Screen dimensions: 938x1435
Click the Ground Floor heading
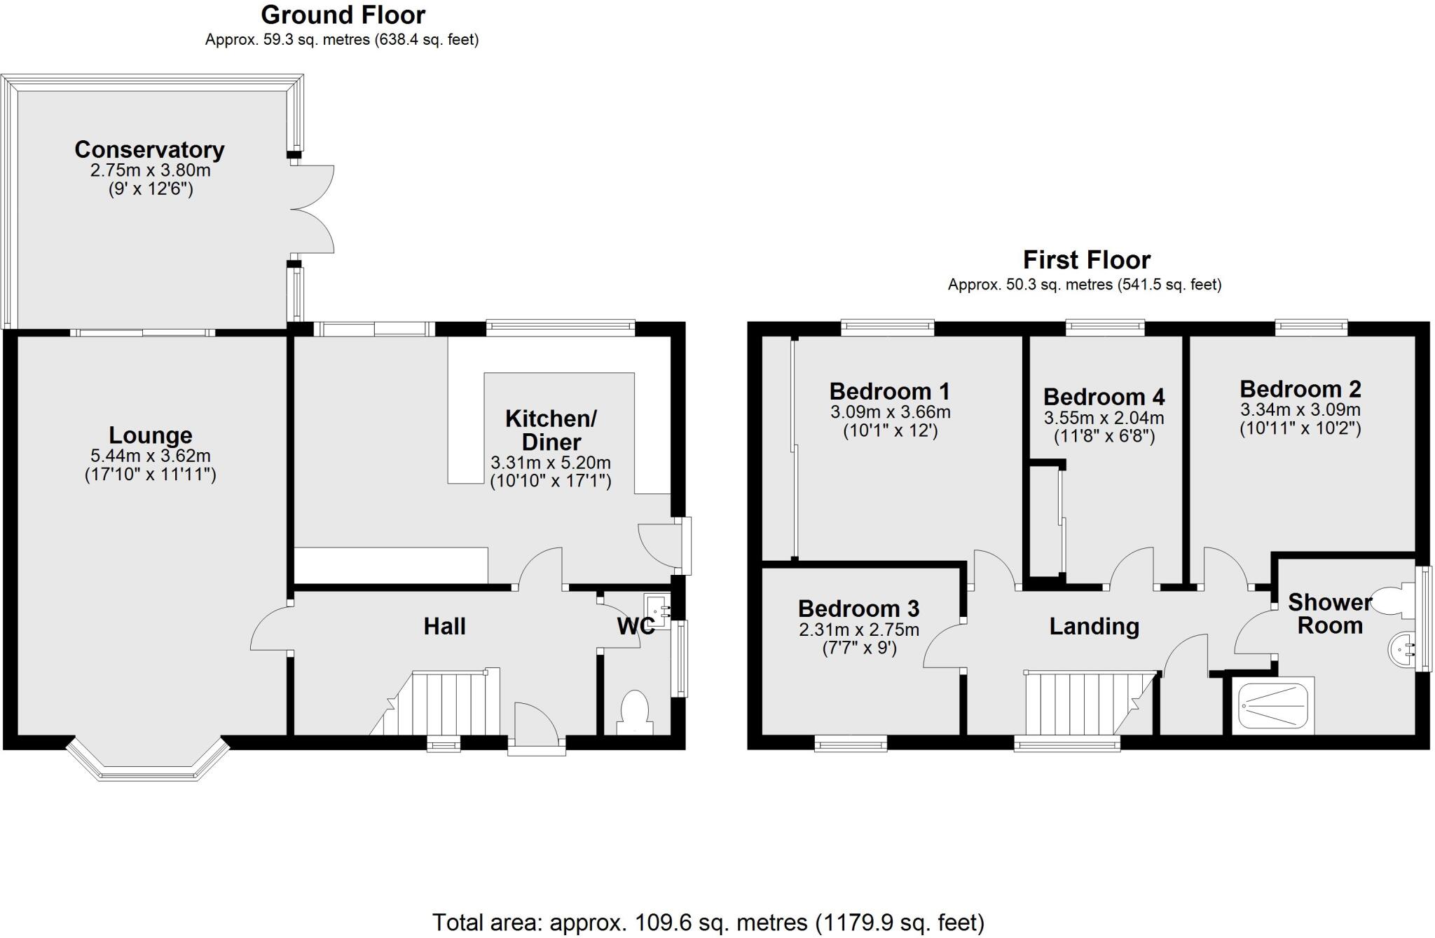click(x=343, y=15)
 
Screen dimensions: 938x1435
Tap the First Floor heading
click(x=1086, y=260)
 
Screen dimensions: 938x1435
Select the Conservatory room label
click(x=149, y=149)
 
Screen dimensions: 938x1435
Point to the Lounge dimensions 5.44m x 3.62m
click(x=150, y=456)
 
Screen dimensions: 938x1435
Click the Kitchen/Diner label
click(x=551, y=430)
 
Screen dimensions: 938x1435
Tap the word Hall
click(x=444, y=626)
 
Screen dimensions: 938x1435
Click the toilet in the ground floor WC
click(x=636, y=708)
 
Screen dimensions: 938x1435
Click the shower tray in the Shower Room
click(x=1272, y=705)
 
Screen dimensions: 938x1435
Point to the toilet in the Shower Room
click(x=1392, y=601)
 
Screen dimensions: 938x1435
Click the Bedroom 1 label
click(x=889, y=390)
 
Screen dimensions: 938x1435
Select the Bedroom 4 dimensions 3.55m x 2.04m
click(x=1104, y=419)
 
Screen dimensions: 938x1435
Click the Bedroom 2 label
click(x=1300, y=388)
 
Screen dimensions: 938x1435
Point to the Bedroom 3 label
click(x=858, y=609)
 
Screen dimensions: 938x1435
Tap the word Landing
click(x=1094, y=626)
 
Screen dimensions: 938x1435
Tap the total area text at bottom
click(x=708, y=922)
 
